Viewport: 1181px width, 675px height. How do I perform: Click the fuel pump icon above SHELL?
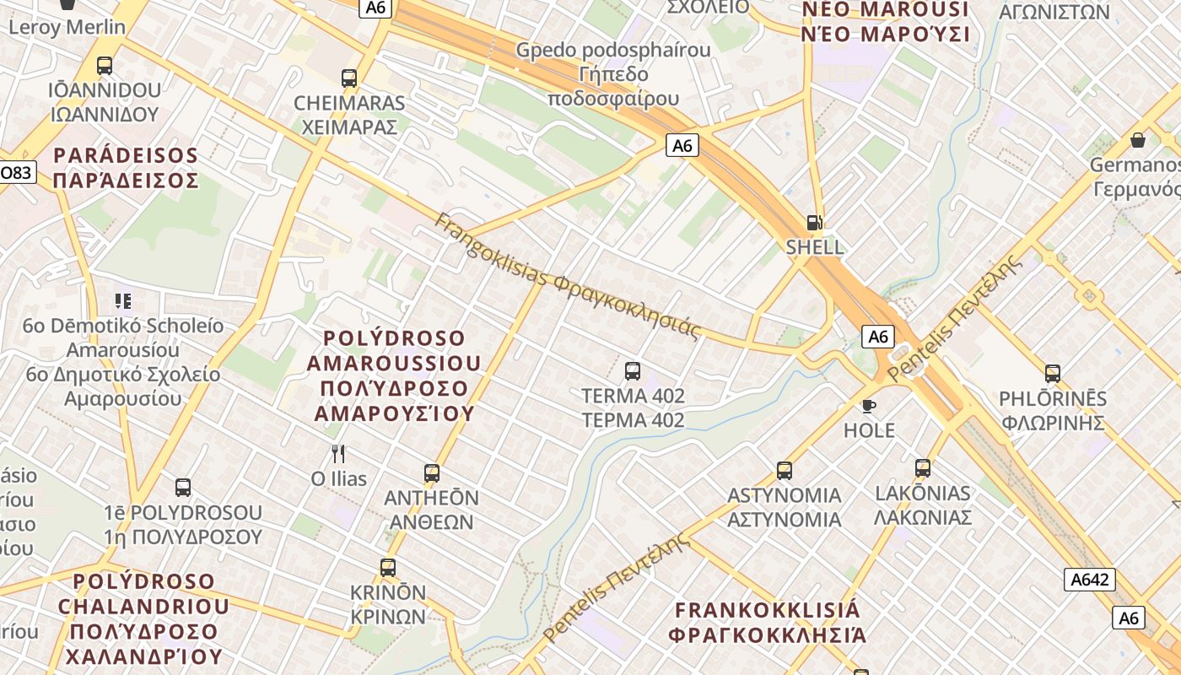814,223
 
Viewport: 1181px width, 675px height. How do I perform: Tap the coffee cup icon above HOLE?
869,406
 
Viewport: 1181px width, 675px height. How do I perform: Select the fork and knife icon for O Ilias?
338,454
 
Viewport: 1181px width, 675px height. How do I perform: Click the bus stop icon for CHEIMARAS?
349,78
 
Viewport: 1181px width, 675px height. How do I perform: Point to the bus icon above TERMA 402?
633,370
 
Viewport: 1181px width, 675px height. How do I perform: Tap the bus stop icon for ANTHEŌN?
432,473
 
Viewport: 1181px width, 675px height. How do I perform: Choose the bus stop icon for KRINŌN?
388,568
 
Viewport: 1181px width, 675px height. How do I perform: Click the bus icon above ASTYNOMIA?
785,470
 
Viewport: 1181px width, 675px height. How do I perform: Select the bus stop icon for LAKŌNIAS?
923,468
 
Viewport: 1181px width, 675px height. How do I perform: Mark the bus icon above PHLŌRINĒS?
1052,373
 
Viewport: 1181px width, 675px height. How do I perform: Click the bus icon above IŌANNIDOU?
105,65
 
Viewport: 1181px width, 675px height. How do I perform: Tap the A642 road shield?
1089,580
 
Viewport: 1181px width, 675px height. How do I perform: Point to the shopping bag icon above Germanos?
1138,140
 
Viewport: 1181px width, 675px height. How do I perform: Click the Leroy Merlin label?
67,27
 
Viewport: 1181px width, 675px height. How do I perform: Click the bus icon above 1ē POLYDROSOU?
183,487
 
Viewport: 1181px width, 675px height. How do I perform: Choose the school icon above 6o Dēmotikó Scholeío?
123,300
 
